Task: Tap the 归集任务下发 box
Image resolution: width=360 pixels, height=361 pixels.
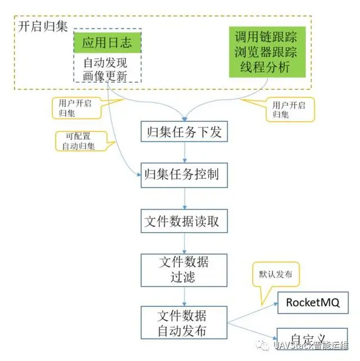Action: click(184, 132)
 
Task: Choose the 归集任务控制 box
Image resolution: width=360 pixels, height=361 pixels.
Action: click(184, 175)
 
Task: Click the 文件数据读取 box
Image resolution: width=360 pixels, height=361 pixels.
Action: click(184, 221)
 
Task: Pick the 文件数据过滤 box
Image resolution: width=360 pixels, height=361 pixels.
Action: click(184, 269)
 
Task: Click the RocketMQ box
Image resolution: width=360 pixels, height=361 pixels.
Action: click(312, 302)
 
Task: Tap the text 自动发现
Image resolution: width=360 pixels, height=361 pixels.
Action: click(106, 63)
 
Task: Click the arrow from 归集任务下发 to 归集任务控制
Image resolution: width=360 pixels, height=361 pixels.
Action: click(184, 153)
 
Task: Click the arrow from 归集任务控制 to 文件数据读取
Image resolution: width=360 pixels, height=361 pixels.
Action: click(184, 198)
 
